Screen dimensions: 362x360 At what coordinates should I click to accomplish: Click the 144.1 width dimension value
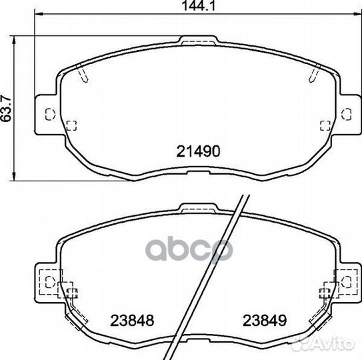click(199, 6)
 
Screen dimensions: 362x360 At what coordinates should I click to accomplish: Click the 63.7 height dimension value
click(6, 108)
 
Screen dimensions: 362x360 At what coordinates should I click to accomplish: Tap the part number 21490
click(198, 151)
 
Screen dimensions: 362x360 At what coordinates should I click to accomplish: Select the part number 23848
click(132, 321)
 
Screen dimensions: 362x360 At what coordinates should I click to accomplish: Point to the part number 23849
click(265, 321)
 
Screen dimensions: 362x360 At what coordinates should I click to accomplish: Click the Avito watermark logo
click(323, 344)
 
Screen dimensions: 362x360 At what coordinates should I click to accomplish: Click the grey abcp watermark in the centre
click(189, 249)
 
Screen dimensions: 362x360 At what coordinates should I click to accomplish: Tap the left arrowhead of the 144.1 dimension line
click(39, 14)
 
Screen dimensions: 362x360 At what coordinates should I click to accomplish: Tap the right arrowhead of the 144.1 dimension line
click(357, 14)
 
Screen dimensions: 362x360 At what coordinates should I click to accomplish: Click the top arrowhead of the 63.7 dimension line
click(14, 41)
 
